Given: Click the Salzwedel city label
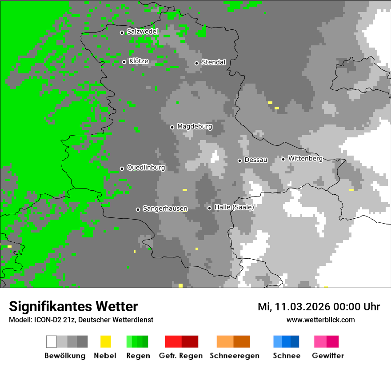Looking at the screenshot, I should (x=142, y=32).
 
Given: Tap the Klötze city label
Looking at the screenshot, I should (x=139, y=61).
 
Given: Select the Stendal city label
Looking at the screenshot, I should (x=213, y=63).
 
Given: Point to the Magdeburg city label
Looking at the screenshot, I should (x=195, y=127).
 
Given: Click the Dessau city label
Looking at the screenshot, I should (x=256, y=160).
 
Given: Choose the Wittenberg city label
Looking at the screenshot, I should (x=305, y=159).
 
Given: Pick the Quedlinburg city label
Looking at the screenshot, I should (x=146, y=168).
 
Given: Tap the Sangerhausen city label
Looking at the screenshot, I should (x=165, y=209).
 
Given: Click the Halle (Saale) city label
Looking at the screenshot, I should (x=234, y=208).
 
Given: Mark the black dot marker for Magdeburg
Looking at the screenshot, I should (x=172, y=127).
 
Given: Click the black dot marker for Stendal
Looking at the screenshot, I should (x=196, y=63).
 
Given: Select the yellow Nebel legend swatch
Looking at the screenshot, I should (x=105, y=341).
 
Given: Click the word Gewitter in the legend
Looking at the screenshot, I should (x=327, y=356).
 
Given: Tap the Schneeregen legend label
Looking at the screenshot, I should (x=234, y=356).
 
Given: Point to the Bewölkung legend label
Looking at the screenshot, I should (x=65, y=356).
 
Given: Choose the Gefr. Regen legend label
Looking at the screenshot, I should (x=181, y=356).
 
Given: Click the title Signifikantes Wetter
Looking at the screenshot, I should (x=73, y=307).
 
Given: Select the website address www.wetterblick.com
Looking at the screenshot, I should (x=320, y=320).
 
